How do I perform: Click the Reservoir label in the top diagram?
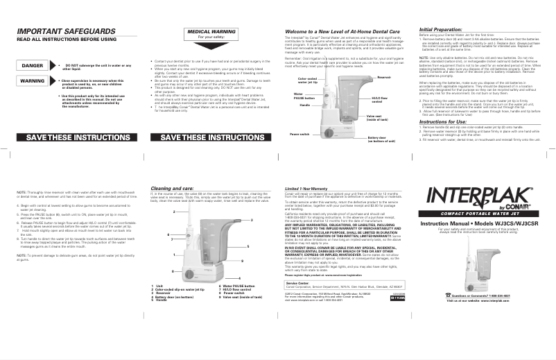pyautogui.click(x=385, y=78)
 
